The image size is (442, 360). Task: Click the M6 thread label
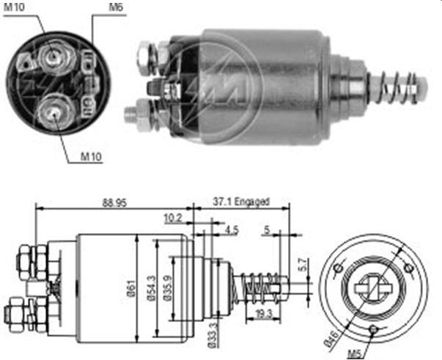click(x=116, y=7)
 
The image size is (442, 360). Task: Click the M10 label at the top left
click(x=14, y=7)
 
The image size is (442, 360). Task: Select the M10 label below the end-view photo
click(x=91, y=156)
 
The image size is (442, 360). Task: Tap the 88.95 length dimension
click(x=115, y=202)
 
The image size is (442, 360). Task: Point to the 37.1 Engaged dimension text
click(x=241, y=202)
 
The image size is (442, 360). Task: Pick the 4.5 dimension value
click(x=232, y=230)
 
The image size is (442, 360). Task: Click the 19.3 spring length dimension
click(x=263, y=314)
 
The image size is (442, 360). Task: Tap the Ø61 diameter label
click(x=132, y=289)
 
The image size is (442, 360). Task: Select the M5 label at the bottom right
click(x=355, y=353)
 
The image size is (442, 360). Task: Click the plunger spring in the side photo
click(x=397, y=87)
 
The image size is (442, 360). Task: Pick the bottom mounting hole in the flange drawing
click(x=373, y=328)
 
